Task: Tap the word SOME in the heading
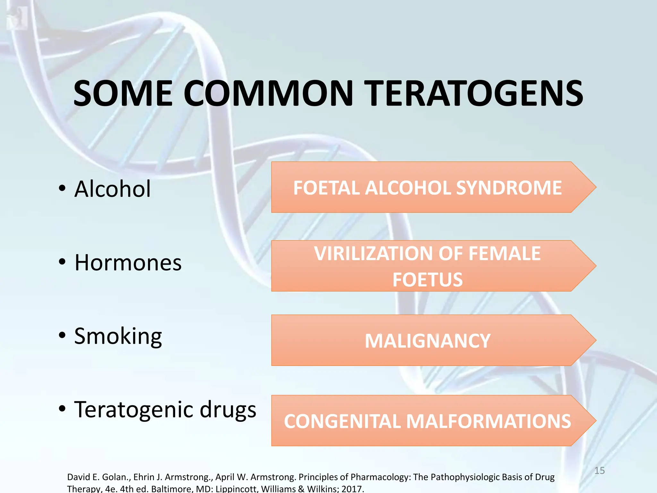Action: click(123, 94)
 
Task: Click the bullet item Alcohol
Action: click(112, 189)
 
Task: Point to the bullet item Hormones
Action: click(128, 263)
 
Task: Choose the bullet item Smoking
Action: click(118, 336)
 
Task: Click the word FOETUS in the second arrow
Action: click(427, 280)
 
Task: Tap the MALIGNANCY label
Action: click(427, 341)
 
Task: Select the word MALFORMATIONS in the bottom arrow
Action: click(489, 421)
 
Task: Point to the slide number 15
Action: click(599, 471)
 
